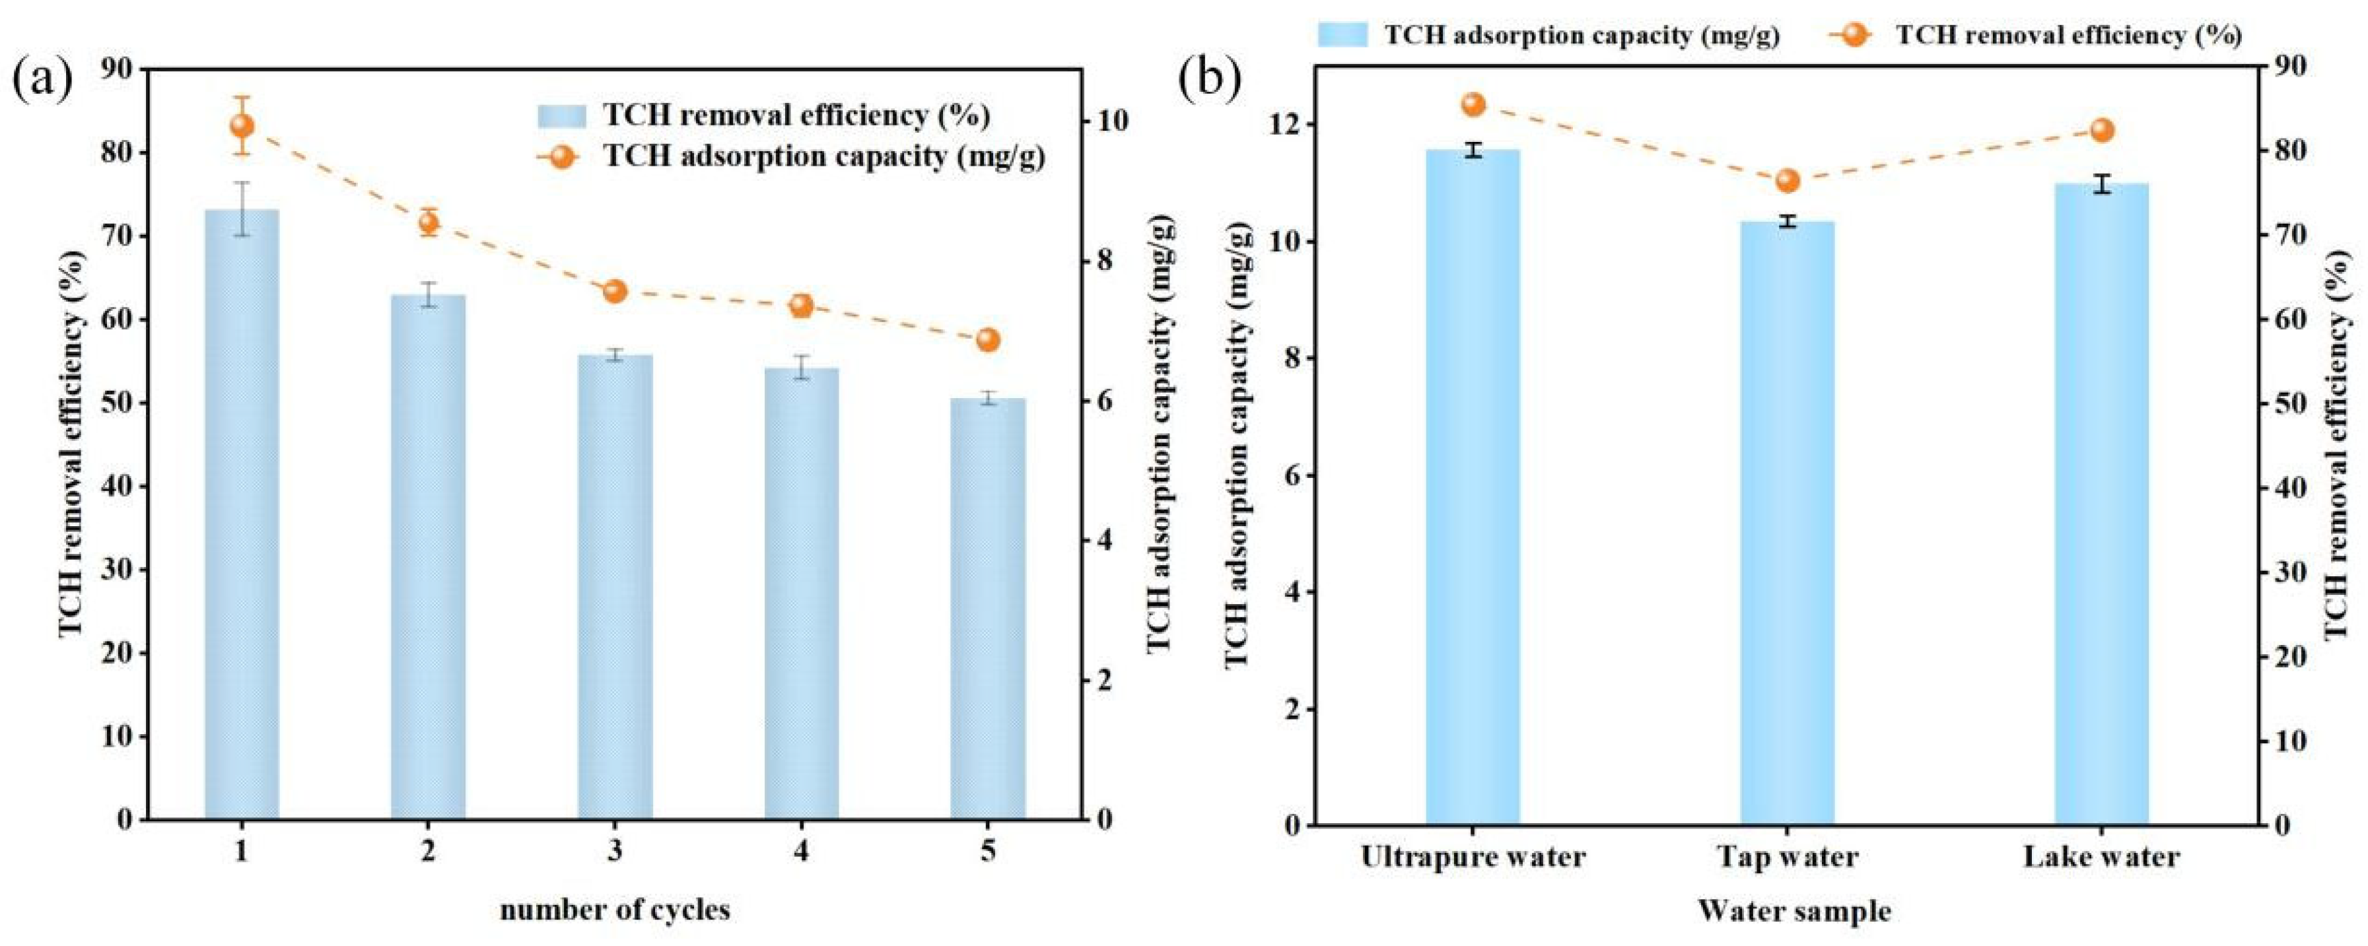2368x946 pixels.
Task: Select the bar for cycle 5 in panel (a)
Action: pyautogui.click(x=988, y=609)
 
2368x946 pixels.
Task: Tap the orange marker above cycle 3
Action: pyautogui.click(x=615, y=291)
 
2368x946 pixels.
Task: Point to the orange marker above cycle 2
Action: pyautogui.click(x=429, y=222)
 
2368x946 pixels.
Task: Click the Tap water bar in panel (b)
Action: pyautogui.click(x=1787, y=523)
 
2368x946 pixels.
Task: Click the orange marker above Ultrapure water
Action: pyautogui.click(x=1474, y=104)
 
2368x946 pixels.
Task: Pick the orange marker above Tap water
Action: pyautogui.click(x=1787, y=181)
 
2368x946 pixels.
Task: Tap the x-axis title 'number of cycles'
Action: pyautogui.click(x=615, y=910)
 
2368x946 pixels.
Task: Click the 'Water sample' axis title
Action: pyautogui.click(x=1787, y=912)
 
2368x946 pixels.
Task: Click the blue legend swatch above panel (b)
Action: pyautogui.click(x=1343, y=35)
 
